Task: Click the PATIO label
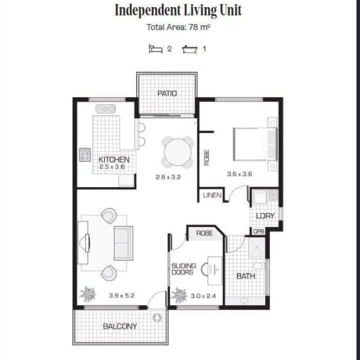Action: point(167,94)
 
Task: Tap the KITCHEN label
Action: point(114,160)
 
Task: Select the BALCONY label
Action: point(120,326)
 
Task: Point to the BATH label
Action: point(245,276)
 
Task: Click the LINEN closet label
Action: point(212,195)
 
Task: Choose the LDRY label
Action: point(265,216)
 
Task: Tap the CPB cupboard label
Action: point(259,231)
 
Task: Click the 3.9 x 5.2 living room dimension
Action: point(122,295)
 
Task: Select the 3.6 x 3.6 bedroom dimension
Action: point(240,174)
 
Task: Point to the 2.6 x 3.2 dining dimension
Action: point(168,177)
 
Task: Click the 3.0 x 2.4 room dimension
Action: point(203,296)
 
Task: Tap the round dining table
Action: point(178,153)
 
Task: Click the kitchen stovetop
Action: point(85,155)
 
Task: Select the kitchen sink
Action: point(105,109)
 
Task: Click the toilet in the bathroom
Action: point(259,266)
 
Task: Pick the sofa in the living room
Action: point(124,243)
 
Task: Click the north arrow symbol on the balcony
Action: point(157,318)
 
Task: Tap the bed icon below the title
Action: point(155,49)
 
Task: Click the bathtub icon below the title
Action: point(190,49)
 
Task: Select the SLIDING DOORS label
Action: point(184,269)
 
